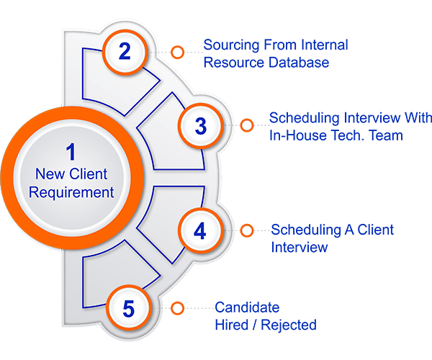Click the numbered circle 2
point(125,52)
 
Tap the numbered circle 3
point(201,126)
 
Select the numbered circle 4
point(201,230)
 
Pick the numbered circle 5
point(128,309)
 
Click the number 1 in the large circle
point(71,153)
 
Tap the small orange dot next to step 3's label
point(247,125)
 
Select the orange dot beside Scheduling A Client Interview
point(247,230)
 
